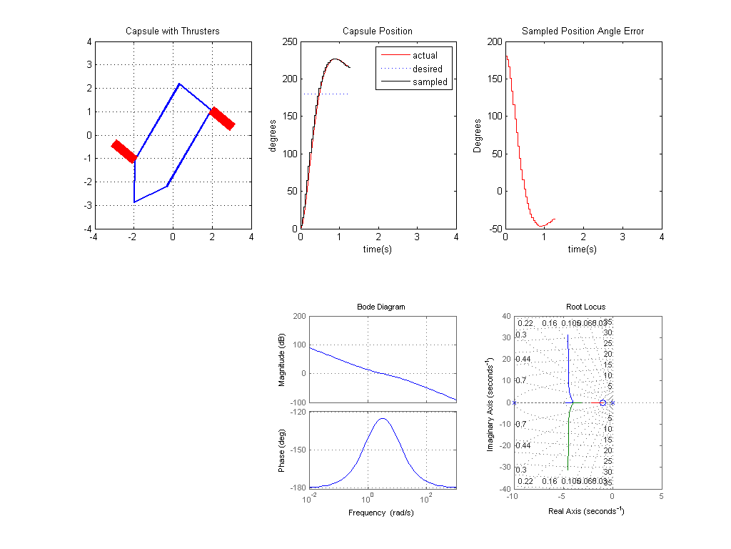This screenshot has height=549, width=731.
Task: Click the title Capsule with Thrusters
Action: pyautogui.click(x=172, y=31)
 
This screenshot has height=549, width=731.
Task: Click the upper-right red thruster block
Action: pyautogui.click(x=222, y=119)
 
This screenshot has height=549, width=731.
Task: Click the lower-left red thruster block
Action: pyautogui.click(x=124, y=152)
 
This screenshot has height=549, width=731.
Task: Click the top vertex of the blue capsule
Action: pyautogui.click(x=179, y=84)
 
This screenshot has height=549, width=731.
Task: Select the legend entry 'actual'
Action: pyautogui.click(x=425, y=55)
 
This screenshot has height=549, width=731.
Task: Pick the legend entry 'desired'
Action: pyautogui.click(x=427, y=69)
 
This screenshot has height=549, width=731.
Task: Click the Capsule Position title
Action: pyautogui.click(x=377, y=31)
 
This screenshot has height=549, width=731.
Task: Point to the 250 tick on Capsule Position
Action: pyautogui.click(x=289, y=41)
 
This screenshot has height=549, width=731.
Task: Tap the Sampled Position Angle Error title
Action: pyautogui.click(x=583, y=31)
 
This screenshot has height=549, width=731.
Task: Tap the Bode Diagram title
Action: pyautogui.click(x=380, y=307)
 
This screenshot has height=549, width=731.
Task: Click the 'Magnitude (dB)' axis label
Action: pyautogui.click(x=283, y=360)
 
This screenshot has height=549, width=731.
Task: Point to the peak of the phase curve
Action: pyautogui.click(x=383, y=419)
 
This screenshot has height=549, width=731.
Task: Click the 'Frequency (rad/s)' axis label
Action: pyautogui.click(x=381, y=513)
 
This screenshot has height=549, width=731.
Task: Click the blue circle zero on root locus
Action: pyautogui.click(x=603, y=403)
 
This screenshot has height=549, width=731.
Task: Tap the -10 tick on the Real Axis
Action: pyautogui.click(x=512, y=495)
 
